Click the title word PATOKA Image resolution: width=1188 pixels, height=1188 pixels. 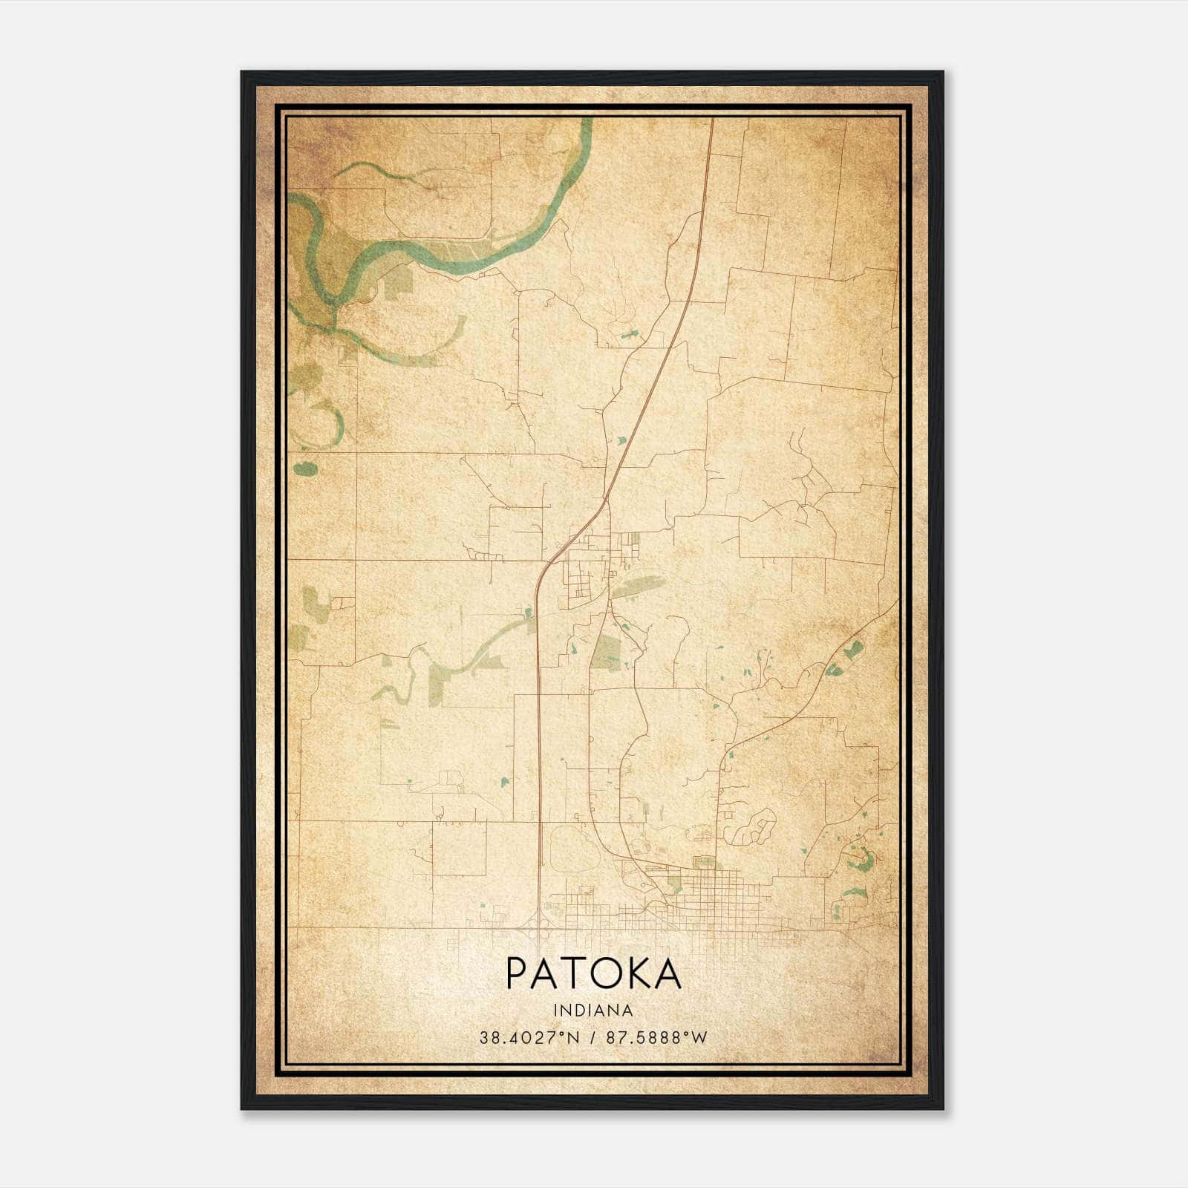(593, 974)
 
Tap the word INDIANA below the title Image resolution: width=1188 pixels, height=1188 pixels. (593, 1011)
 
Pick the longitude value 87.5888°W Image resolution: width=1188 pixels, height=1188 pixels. (657, 1038)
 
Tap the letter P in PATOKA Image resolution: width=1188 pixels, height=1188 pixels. (517, 974)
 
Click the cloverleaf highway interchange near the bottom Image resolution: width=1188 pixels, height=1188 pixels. (536, 925)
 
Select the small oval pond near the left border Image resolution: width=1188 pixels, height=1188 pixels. (305, 469)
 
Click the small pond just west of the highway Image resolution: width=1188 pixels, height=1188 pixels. (528, 613)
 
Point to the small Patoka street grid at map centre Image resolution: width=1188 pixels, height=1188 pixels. (587, 568)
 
